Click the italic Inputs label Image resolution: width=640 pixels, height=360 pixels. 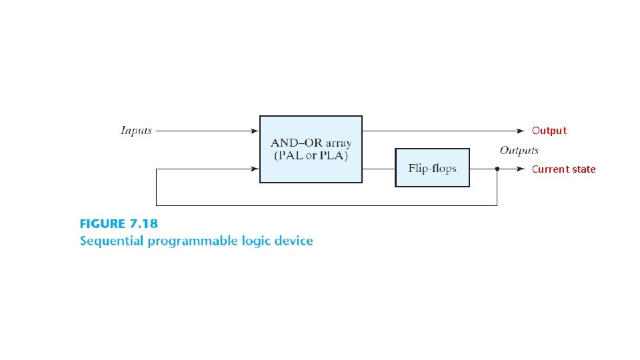(x=136, y=131)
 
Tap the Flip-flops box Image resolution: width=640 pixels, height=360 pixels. (x=432, y=168)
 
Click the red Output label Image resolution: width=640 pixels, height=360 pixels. (x=549, y=131)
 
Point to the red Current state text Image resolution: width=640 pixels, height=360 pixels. (x=563, y=169)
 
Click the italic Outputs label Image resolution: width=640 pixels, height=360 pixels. (x=519, y=151)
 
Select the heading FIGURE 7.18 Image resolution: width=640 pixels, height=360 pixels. (x=119, y=224)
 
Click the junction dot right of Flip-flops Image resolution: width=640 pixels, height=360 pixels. (x=497, y=169)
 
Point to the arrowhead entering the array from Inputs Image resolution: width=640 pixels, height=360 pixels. (x=255, y=131)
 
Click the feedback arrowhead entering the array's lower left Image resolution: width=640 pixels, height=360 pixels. (x=255, y=169)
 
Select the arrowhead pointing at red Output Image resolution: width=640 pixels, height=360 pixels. (x=521, y=131)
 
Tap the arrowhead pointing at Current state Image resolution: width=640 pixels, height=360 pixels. (x=521, y=169)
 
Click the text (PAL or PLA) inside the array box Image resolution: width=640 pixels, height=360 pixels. (x=311, y=156)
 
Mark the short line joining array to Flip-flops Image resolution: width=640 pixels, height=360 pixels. (x=379, y=169)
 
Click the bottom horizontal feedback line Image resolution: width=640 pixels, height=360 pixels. (x=327, y=205)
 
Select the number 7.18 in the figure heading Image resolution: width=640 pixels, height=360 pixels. (x=144, y=224)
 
